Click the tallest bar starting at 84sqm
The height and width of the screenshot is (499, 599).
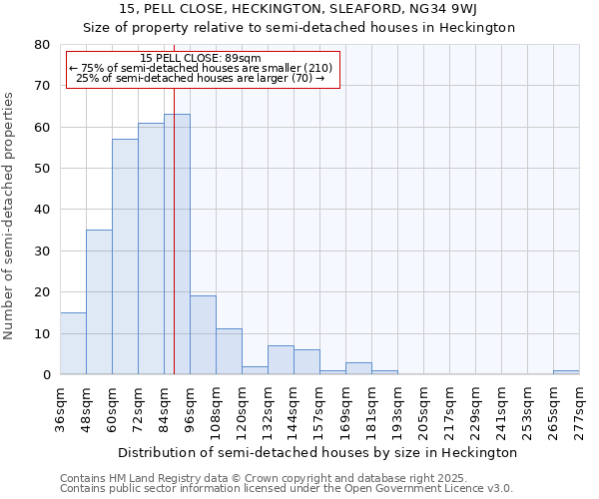tap(177, 245)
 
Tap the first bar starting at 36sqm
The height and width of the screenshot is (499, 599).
tap(73, 343)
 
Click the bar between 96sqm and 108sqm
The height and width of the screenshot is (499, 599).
tap(203, 335)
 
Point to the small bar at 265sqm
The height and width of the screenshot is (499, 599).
tap(566, 372)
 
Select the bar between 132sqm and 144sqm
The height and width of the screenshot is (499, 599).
tap(281, 360)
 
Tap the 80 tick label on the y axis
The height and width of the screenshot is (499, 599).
tap(41, 45)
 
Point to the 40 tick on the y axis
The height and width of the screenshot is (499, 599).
tap(41, 210)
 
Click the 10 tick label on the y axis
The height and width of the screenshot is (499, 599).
tap(41, 333)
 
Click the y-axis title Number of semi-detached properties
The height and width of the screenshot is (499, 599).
tap(10, 216)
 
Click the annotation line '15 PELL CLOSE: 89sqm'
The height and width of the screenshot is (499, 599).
tap(201, 59)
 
